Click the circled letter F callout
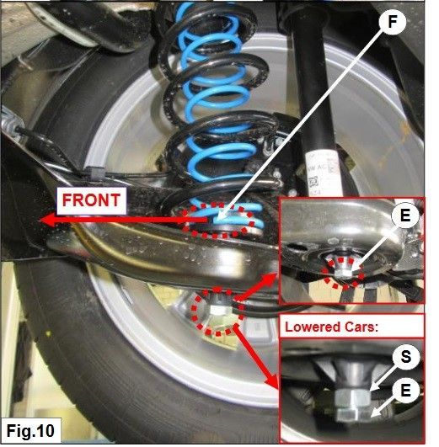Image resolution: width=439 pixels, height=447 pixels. point(393,22)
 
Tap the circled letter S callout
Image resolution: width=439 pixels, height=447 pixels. point(405,356)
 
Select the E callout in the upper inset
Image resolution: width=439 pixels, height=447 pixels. point(405,215)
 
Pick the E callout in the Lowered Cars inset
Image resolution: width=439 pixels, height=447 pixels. point(405,390)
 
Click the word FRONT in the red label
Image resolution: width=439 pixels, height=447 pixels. point(91,200)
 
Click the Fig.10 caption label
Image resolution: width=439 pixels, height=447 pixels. point(30,430)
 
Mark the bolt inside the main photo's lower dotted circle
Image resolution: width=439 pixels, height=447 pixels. point(218,306)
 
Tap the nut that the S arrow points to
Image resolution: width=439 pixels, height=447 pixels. point(353,398)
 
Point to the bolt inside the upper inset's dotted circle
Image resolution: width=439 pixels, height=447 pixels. point(344,269)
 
